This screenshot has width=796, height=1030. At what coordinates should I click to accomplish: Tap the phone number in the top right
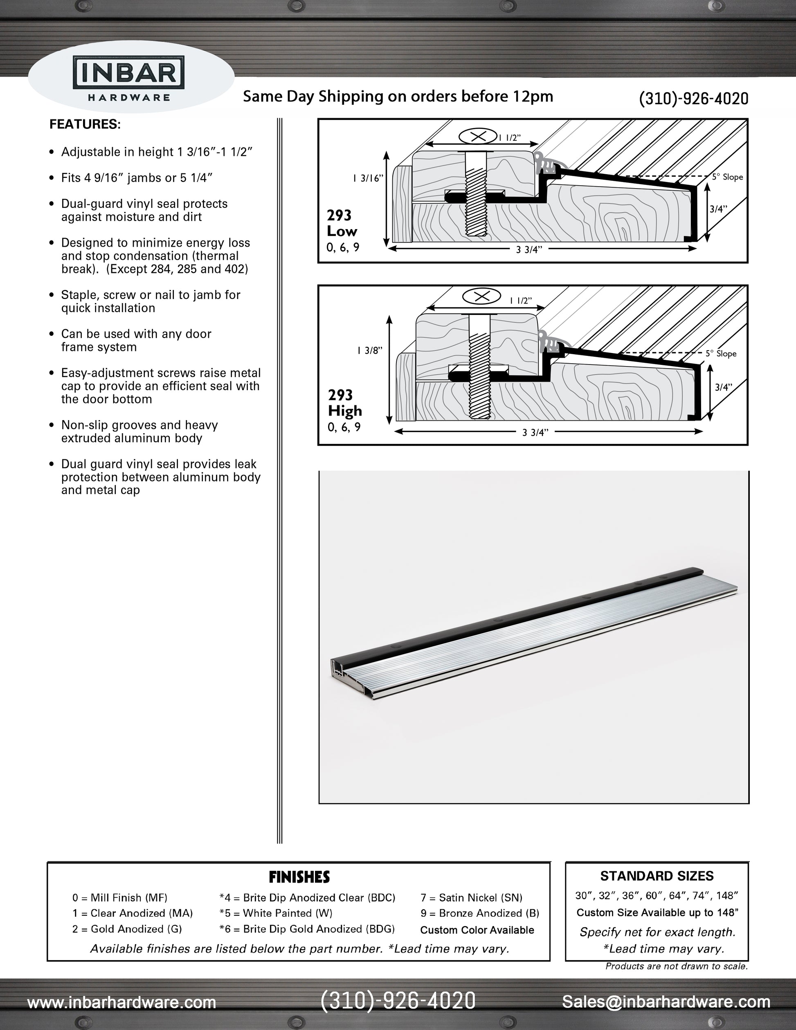pyautogui.click(x=693, y=99)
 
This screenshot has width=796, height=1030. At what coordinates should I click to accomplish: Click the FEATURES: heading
pyautogui.click(x=85, y=124)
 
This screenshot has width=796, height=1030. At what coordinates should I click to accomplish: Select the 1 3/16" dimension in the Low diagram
pyautogui.click(x=368, y=178)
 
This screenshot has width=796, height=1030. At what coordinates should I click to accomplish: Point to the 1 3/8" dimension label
pyautogui.click(x=370, y=351)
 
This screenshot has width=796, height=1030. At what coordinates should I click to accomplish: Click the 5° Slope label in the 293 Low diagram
pyautogui.click(x=727, y=177)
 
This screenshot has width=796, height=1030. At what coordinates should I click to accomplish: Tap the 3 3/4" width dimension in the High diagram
pyautogui.click(x=535, y=432)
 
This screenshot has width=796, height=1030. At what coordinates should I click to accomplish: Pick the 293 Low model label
pyautogui.click(x=342, y=223)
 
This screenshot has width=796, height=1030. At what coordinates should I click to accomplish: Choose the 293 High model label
pyautogui.click(x=344, y=403)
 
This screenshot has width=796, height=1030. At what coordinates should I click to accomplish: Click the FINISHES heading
pyautogui.click(x=299, y=877)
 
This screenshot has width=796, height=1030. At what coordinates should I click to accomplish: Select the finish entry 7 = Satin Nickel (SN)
pyautogui.click(x=471, y=898)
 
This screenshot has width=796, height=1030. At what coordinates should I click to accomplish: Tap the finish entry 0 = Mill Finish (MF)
pyautogui.click(x=120, y=898)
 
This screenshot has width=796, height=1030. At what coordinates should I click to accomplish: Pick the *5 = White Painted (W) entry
pyautogui.click(x=276, y=913)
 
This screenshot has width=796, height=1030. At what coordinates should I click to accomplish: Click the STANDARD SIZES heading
pyautogui.click(x=657, y=876)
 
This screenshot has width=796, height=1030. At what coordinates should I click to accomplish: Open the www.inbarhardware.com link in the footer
pyautogui.click(x=121, y=1002)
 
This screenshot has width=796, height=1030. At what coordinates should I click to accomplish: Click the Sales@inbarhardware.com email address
pyautogui.click(x=666, y=1001)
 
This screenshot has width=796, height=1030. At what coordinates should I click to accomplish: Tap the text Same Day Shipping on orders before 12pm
pyautogui.click(x=398, y=97)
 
